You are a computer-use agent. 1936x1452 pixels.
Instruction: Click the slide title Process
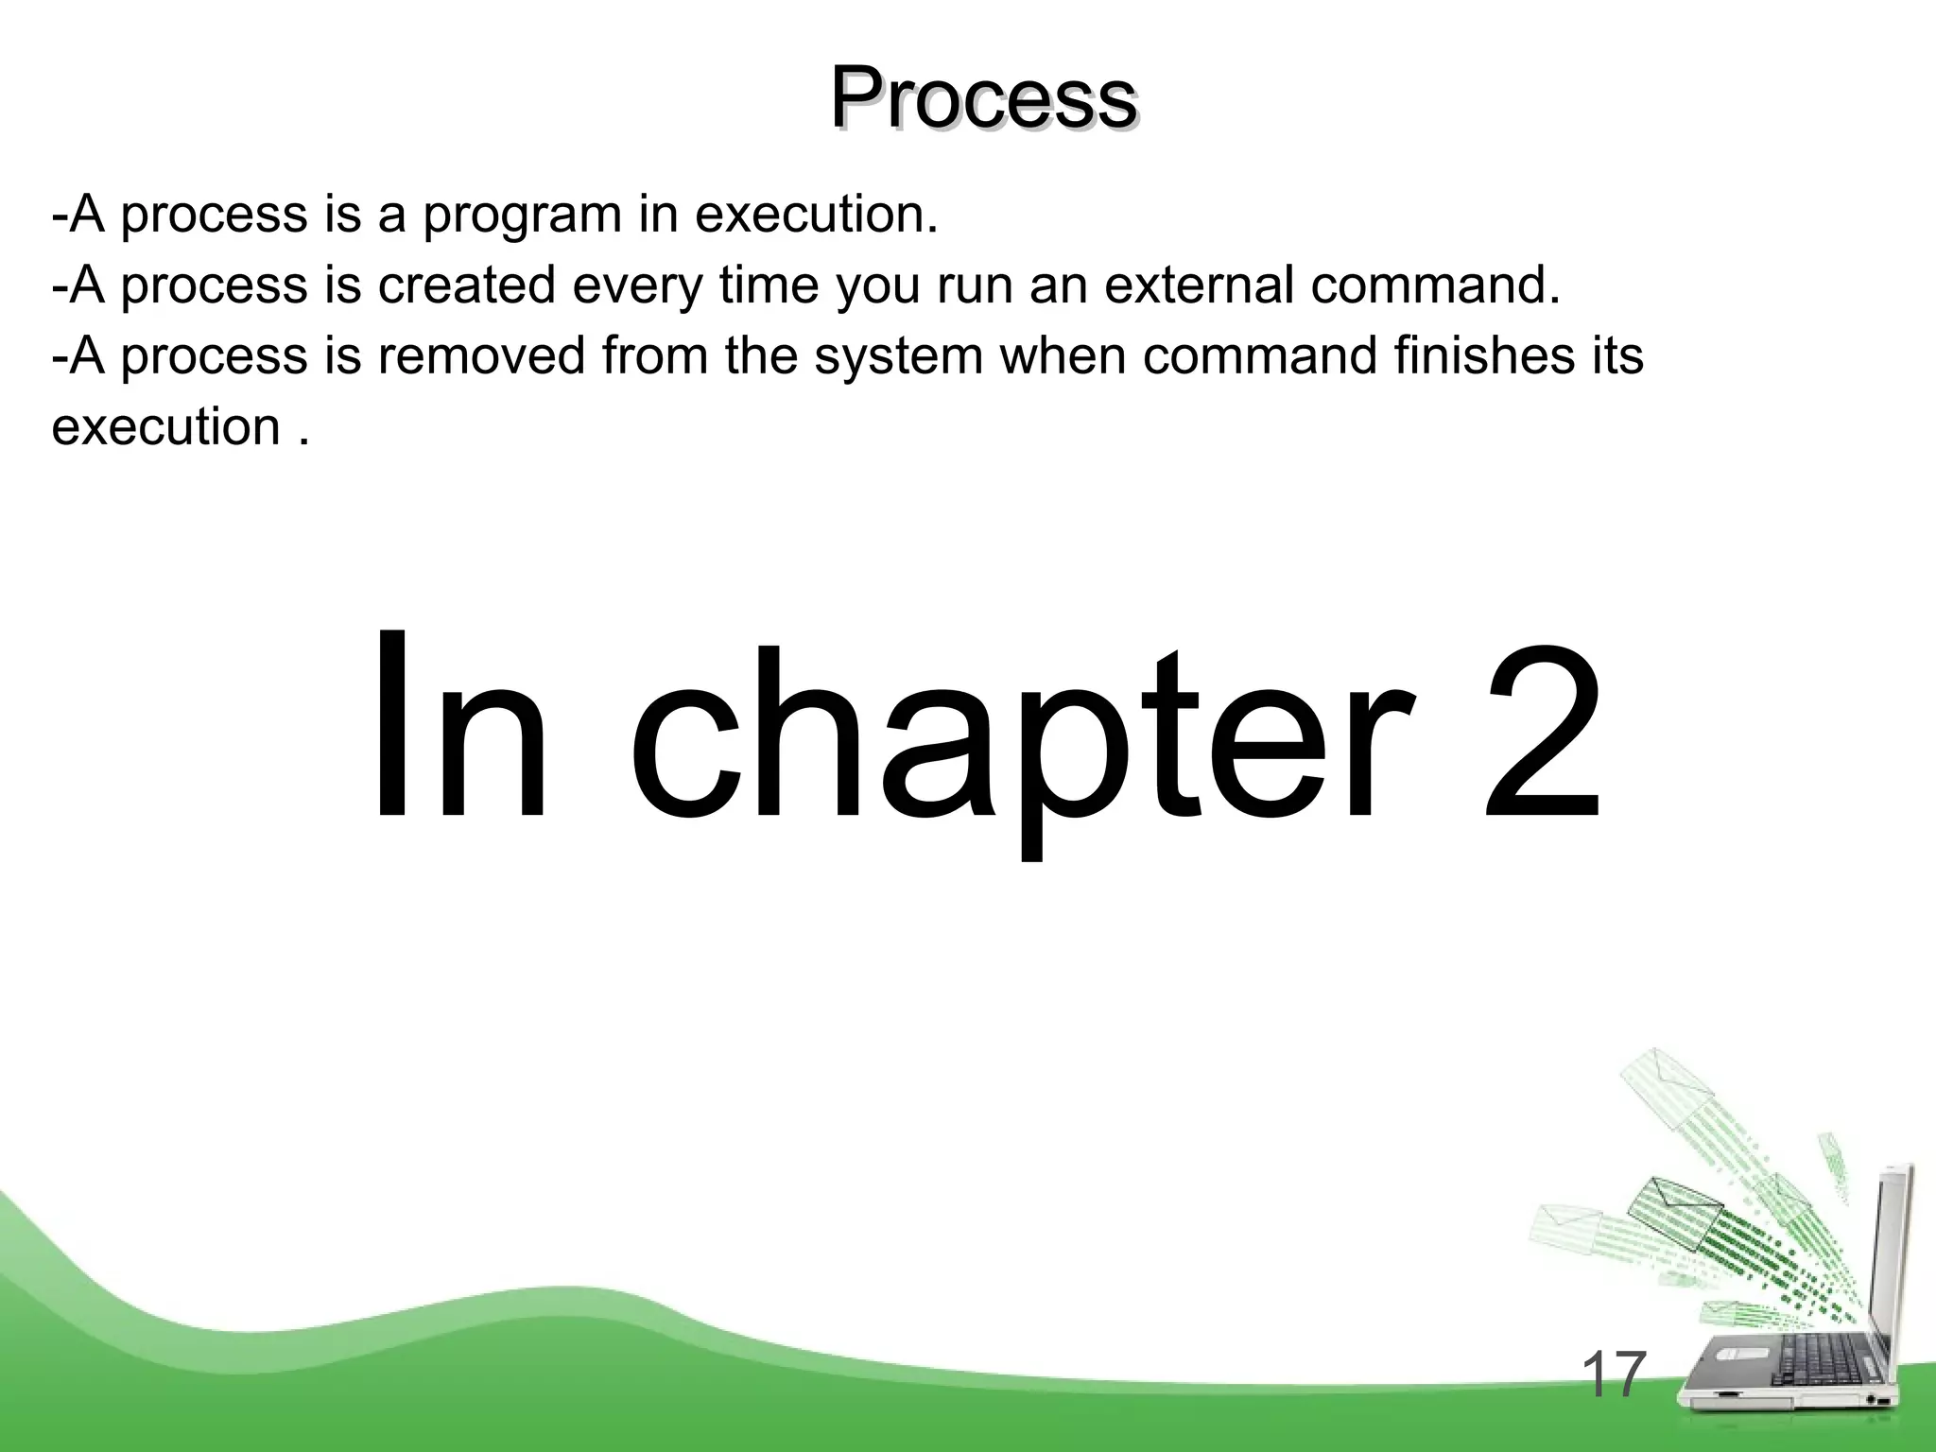click(x=983, y=99)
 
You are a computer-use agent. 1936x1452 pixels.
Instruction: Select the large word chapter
click(x=1023, y=737)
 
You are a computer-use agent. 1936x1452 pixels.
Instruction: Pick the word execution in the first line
click(x=817, y=215)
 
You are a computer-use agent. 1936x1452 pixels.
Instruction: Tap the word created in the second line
click(x=466, y=285)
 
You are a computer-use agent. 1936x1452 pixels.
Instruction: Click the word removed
click(x=481, y=355)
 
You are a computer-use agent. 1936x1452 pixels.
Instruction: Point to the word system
click(x=898, y=356)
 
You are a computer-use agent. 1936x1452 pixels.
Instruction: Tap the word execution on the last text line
click(x=166, y=426)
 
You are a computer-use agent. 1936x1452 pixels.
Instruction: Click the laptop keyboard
click(x=1801, y=1361)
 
